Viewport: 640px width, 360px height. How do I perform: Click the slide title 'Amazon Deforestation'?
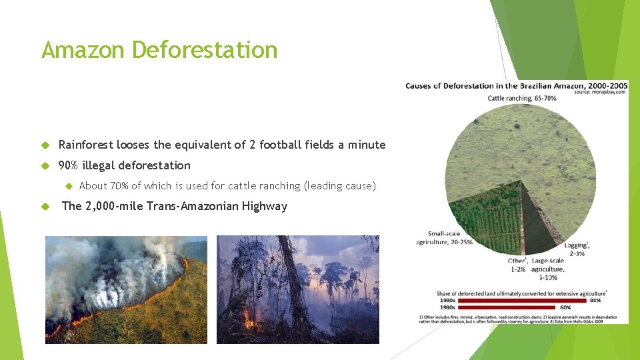(159, 50)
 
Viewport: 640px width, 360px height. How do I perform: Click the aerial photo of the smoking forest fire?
(126, 289)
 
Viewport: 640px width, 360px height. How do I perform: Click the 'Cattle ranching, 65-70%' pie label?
(521, 98)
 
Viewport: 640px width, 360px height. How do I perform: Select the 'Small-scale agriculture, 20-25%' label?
(444, 238)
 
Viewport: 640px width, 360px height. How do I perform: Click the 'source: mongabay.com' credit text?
(599, 92)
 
